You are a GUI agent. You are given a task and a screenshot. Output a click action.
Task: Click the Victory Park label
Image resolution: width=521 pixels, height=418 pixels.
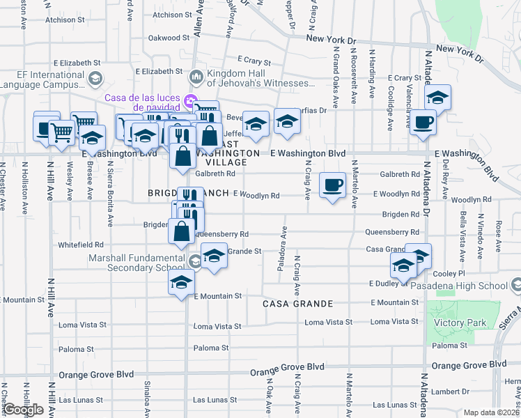(454, 323)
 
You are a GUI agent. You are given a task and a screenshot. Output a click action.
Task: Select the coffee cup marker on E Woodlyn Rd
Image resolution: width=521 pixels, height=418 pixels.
(332, 185)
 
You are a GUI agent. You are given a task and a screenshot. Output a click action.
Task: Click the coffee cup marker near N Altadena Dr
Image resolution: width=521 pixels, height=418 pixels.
(422, 123)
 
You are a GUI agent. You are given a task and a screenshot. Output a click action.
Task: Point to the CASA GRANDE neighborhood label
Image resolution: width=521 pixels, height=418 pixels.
(297, 304)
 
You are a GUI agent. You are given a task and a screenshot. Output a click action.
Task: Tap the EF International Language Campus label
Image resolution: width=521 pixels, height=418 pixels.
(42, 79)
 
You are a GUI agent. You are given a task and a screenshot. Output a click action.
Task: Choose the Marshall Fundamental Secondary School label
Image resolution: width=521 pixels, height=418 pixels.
(138, 263)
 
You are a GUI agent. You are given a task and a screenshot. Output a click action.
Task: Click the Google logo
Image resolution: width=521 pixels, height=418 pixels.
(23, 410)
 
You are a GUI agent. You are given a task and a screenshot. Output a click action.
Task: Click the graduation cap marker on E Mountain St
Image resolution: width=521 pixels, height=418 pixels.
(181, 283)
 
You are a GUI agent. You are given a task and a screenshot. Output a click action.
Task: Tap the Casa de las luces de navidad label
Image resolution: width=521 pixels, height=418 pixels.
(143, 102)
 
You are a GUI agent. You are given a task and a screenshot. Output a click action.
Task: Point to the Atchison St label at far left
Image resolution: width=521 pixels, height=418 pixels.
(65, 20)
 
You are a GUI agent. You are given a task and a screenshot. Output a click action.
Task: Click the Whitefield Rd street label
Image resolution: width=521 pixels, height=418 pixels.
(80, 245)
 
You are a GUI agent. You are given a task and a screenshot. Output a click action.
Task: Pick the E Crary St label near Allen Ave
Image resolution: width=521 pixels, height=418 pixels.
(254, 61)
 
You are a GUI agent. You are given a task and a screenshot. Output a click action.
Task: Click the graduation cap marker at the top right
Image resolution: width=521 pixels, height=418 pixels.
(437, 98)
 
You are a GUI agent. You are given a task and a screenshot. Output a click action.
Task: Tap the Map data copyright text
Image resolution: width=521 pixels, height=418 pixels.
(492, 412)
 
